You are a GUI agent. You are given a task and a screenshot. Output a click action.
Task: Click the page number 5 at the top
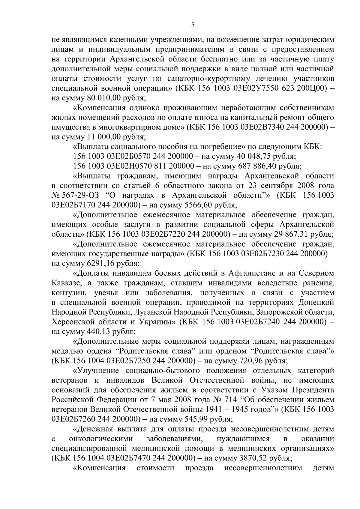[193, 25]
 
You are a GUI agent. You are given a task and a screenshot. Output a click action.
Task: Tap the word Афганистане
[252, 273]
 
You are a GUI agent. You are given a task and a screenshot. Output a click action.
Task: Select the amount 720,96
[248, 361]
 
